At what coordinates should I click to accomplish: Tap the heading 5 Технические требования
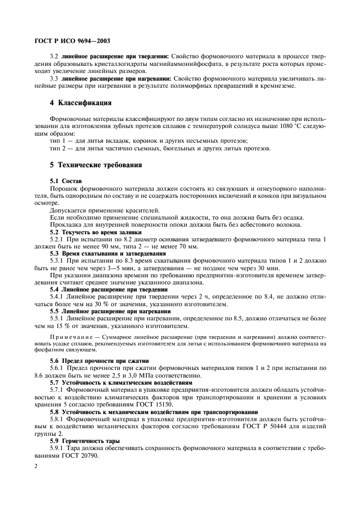pyautogui.click(x=96, y=165)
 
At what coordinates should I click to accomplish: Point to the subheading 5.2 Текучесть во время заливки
pyautogui.click(x=95, y=232)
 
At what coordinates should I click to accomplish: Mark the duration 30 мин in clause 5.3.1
pyautogui.click(x=270, y=268)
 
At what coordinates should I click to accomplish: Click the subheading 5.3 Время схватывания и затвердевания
pyautogui.click(x=108, y=253)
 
